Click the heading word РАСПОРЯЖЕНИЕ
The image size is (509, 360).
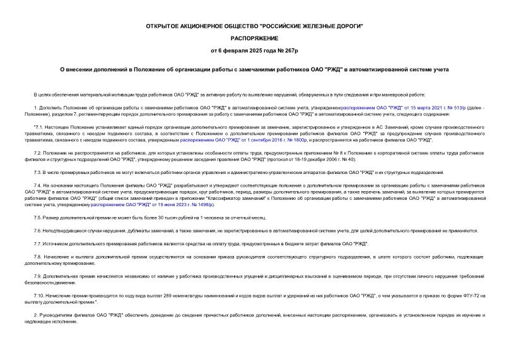[x=254, y=37]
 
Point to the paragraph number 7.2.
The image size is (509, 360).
[x=38, y=153]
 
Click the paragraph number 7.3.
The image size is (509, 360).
[x=38, y=172]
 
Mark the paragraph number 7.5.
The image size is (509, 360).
[x=38, y=218]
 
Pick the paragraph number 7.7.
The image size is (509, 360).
[x=38, y=243]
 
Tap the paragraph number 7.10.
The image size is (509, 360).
[x=39, y=296]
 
